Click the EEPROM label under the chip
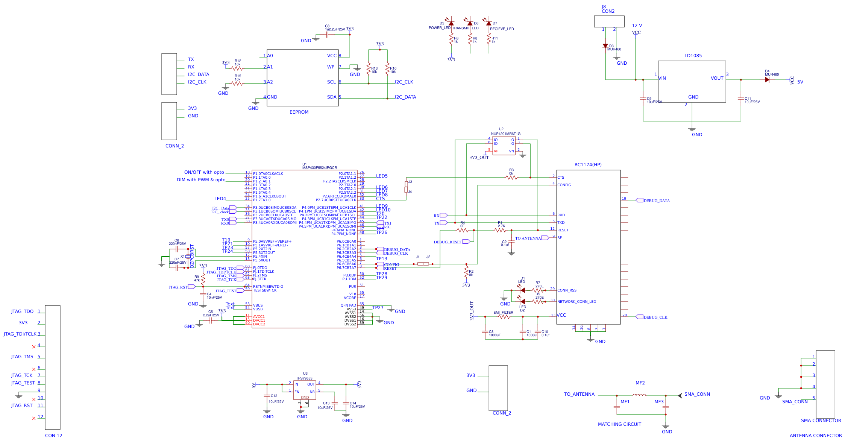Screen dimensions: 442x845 tap(299, 112)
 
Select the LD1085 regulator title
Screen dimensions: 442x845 tap(693, 56)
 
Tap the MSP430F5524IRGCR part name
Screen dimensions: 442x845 tap(319, 168)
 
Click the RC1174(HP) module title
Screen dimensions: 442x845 tap(588, 165)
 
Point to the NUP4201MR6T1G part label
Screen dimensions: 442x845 tap(505, 134)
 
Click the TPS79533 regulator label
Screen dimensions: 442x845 tap(304, 378)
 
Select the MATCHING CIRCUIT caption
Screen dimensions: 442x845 tap(619, 424)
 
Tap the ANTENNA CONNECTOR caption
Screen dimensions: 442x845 tap(815, 436)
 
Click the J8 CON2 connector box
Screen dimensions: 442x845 tap(609, 21)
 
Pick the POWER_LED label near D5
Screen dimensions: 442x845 tap(439, 28)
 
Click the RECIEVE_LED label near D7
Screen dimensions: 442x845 tap(502, 29)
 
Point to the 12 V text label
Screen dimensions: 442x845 tap(637, 26)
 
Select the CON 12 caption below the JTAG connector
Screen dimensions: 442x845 tap(53, 436)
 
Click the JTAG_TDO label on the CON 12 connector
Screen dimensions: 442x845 tap(22, 311)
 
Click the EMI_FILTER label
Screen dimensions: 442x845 tap(503, 313)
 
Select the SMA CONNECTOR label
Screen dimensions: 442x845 tap(821, 421)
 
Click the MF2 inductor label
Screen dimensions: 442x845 tap(640, 383)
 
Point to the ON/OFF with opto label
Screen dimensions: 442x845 tap(204, 172)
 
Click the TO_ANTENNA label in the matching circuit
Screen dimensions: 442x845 tap(579, 394)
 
